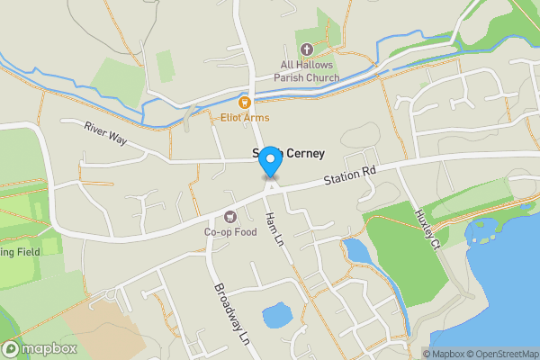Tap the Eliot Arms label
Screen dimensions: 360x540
click(245, 118)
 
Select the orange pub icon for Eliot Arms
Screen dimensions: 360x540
click(244, 102)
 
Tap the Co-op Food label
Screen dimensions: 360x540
click(230, 232)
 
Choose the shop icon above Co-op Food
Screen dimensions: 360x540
click(230, 216)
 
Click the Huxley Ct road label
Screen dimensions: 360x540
click(426, 230)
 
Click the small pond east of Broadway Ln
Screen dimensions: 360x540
click(275, 315)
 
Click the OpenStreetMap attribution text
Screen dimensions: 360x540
click(500, 354)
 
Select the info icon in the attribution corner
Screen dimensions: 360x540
click(427, 354)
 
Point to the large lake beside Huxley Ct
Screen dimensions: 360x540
click(504, 288)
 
